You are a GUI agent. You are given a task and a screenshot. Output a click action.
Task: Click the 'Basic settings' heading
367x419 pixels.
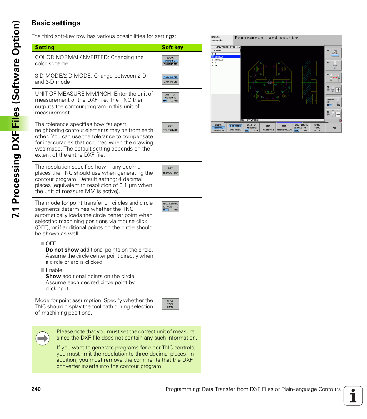pos(56,23)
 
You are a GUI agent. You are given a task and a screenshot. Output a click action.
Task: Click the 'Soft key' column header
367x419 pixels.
pos(172,48)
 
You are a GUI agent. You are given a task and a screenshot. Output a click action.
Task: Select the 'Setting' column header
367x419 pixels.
pos(45,48)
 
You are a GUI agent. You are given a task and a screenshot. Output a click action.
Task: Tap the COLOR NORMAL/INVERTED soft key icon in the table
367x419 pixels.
pos(170,61)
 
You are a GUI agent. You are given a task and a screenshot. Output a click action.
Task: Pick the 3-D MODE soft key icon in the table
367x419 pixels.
pos(170,79)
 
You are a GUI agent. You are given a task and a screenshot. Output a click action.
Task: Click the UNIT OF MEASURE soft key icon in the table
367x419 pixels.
pos(170,98)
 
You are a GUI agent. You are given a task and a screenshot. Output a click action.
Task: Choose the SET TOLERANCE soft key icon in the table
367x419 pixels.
pos(170,128)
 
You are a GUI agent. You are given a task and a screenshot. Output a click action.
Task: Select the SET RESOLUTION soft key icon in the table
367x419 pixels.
pos(170,171)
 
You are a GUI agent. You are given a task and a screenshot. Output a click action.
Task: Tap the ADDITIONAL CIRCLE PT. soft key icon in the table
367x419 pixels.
pos(170,207)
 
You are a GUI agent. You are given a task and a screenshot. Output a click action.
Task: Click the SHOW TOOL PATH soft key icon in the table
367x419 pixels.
pos(170,304)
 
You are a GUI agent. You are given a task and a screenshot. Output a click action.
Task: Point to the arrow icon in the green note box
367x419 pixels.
pos(42,339)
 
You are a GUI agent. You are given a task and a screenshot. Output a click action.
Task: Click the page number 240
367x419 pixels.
pos(36,389)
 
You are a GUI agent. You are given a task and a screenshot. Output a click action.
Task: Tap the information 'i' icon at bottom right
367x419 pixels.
pos(353,396)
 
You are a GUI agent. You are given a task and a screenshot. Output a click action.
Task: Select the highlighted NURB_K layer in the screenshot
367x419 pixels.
pos(226,56)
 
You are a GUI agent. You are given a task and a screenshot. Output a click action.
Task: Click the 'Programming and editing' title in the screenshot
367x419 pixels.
pos(267,38)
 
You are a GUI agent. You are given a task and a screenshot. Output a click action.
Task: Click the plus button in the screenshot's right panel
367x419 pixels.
pos(338,90)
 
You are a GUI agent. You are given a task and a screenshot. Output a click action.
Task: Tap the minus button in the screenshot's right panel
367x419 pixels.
pos(338,114)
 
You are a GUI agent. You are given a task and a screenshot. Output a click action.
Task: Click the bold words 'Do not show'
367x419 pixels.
pos(62,250)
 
